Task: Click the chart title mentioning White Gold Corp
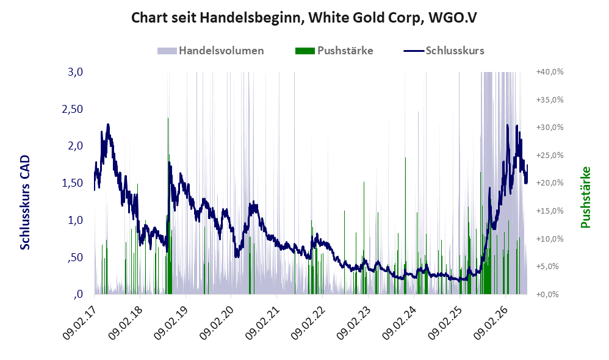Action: pos(304,18)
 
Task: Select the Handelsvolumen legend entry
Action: pos(211,51)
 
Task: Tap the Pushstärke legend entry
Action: pos(334,51)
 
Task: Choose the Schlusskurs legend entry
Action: pos(444,51)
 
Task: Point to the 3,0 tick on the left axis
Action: pos(75,72)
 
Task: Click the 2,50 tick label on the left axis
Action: pos(73,109)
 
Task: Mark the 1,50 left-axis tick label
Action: pos(73,183)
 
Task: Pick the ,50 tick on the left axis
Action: pos(75,257)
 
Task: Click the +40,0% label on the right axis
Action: pos(550,72)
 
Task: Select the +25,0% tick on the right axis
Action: pos(550,156)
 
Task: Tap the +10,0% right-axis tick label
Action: pos(550,239)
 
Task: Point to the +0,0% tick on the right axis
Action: pos(547,294)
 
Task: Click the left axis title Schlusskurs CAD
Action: pos(25,203)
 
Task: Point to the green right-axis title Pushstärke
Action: pos(585,197)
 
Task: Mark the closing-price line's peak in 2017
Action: pos(108,124)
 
